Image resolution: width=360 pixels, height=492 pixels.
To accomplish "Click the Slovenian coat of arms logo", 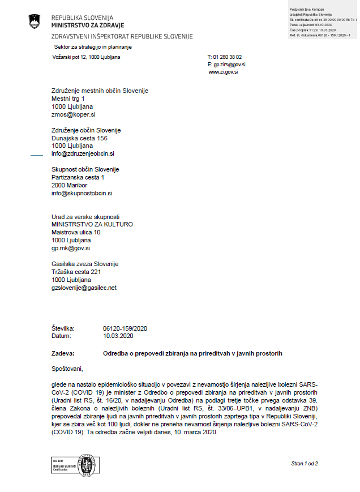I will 35,22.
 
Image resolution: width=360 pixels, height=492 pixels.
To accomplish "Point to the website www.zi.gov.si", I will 223,72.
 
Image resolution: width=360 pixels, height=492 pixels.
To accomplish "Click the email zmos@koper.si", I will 73,114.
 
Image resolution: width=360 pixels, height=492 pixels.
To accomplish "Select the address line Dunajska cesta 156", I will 79,138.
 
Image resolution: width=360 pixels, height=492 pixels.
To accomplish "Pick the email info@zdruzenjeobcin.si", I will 83,153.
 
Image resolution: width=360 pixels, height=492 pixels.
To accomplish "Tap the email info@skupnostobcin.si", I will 82,193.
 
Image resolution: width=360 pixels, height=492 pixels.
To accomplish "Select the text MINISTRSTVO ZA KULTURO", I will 92,224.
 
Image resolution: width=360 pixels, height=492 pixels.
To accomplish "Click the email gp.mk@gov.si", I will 71,248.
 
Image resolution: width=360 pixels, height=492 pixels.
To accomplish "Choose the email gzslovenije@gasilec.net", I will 84,288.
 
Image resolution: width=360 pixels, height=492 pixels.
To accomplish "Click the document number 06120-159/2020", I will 125,328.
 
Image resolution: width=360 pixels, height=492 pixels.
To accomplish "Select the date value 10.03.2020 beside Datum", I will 118,336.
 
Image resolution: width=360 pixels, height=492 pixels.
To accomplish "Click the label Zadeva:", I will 63,353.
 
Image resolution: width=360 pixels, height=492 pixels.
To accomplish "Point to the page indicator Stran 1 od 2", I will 305,464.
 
